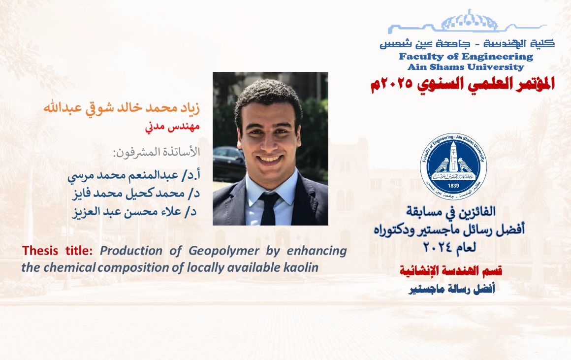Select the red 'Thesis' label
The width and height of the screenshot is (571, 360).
(x=40, y=251)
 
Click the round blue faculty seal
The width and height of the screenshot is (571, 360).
(x=453, y=166)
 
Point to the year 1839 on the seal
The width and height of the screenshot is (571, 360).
(x=453, y=186)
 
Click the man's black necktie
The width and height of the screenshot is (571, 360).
(x=269, y=208)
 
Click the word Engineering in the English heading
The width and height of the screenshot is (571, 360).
(x=498, y=57)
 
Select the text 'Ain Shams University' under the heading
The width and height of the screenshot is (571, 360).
(x=466, y=67)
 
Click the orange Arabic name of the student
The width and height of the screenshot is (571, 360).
(x=122, y=108)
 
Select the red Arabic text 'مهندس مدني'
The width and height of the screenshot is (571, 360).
(x=172, y=127)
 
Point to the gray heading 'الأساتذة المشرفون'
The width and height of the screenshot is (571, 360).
(x=157, y=152)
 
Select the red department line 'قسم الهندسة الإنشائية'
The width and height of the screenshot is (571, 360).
(x=451, y=271)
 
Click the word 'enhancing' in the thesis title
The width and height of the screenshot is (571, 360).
(x=317, y=251)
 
